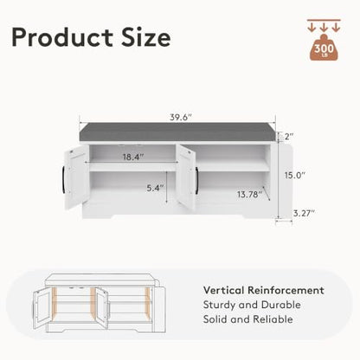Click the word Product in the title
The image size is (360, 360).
62,37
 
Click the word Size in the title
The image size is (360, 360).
145,37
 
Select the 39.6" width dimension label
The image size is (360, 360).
181,118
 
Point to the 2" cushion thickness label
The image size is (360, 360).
289,136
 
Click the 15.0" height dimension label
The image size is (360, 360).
295,175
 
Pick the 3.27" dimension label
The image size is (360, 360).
304,213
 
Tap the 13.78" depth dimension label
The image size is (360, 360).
250,194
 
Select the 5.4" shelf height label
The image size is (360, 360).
155,188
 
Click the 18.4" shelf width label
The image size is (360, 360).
133,157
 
